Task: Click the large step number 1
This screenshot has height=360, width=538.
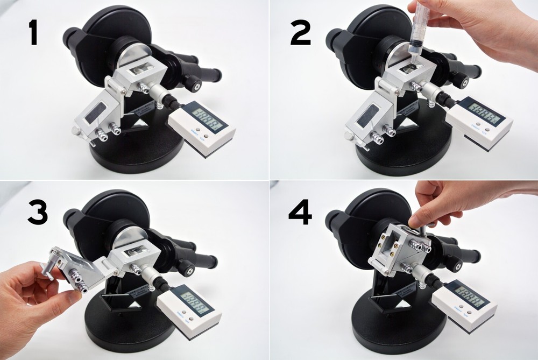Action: click(33, 33)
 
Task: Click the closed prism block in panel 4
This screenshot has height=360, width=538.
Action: click(395, 250)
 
